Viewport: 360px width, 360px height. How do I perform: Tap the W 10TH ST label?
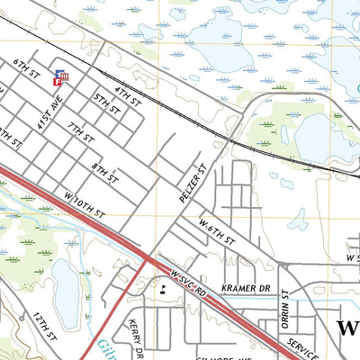tap(85, 206)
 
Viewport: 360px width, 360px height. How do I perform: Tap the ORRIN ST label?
tap(282, 306)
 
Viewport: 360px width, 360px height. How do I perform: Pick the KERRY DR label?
tap(135, 336)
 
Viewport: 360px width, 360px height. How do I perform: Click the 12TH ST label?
tap(45, 327)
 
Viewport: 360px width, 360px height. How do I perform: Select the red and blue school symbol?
tap(62, 79)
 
